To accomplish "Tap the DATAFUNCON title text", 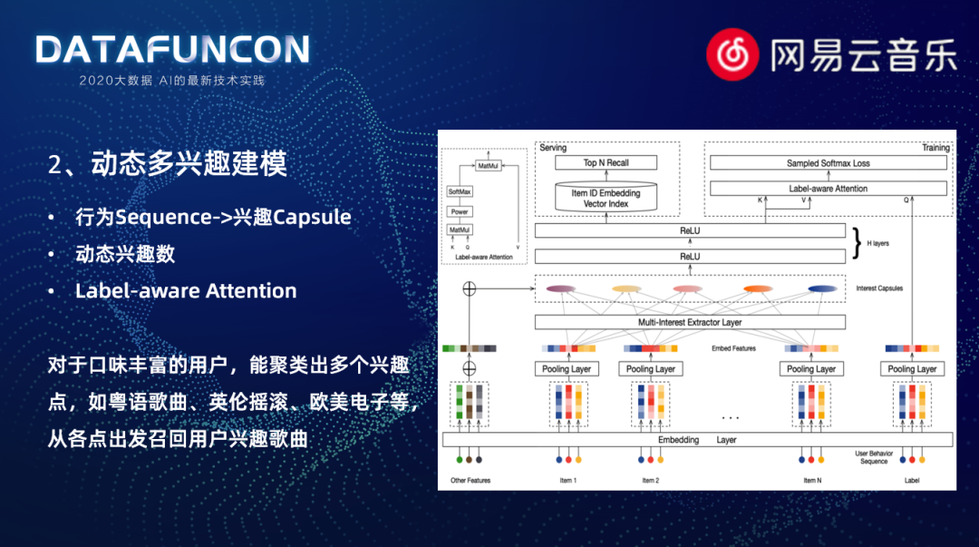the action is [x=172, y=50].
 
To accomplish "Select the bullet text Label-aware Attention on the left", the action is [x=186, y=291].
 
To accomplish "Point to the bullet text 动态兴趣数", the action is [x=125, y=254].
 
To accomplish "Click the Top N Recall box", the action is [x=606, y=163].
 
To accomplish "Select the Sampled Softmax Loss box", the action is [x=828, y=163].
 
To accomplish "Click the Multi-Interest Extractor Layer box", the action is [x=690, y=322].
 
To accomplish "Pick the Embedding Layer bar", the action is [x=697, y=440].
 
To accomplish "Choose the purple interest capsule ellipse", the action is [x=560, y=289].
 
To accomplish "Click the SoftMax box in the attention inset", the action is [x=460, y=192].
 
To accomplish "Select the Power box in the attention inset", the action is [x=460, y=211].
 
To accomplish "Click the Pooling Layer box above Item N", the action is [x=811, y=369].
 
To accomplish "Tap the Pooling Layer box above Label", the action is [x=912, y=369].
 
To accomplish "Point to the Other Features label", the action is [x=470, y=481].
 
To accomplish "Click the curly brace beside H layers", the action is [x=858, y=243].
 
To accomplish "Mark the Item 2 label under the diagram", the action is [x=650, y=481].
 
